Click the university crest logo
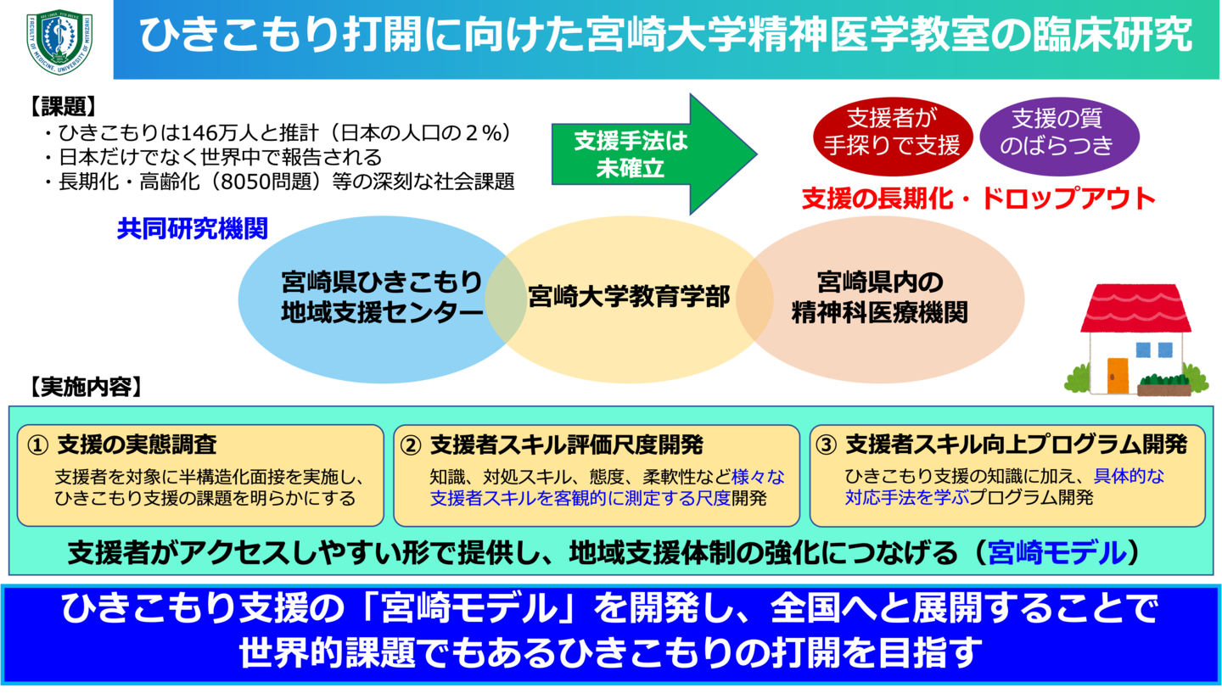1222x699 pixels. click(x=59, y=42)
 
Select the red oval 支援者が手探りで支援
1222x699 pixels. click(x=891, y=133)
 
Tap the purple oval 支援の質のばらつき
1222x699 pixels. click(x=1057, y=133)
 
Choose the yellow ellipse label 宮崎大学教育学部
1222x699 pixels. click(x=629, y=297)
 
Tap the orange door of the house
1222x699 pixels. click(x=1118, y=375)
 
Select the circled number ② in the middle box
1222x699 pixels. click(x=411, y=445)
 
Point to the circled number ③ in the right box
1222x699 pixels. click(x=826, y=445)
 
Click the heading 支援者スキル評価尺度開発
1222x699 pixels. click(x=566, y=445)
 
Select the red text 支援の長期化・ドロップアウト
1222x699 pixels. click(x=978, y=199)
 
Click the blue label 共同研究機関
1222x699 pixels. click(x=193, y=229)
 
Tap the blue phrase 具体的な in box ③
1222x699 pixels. click(x=1129, y=476)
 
